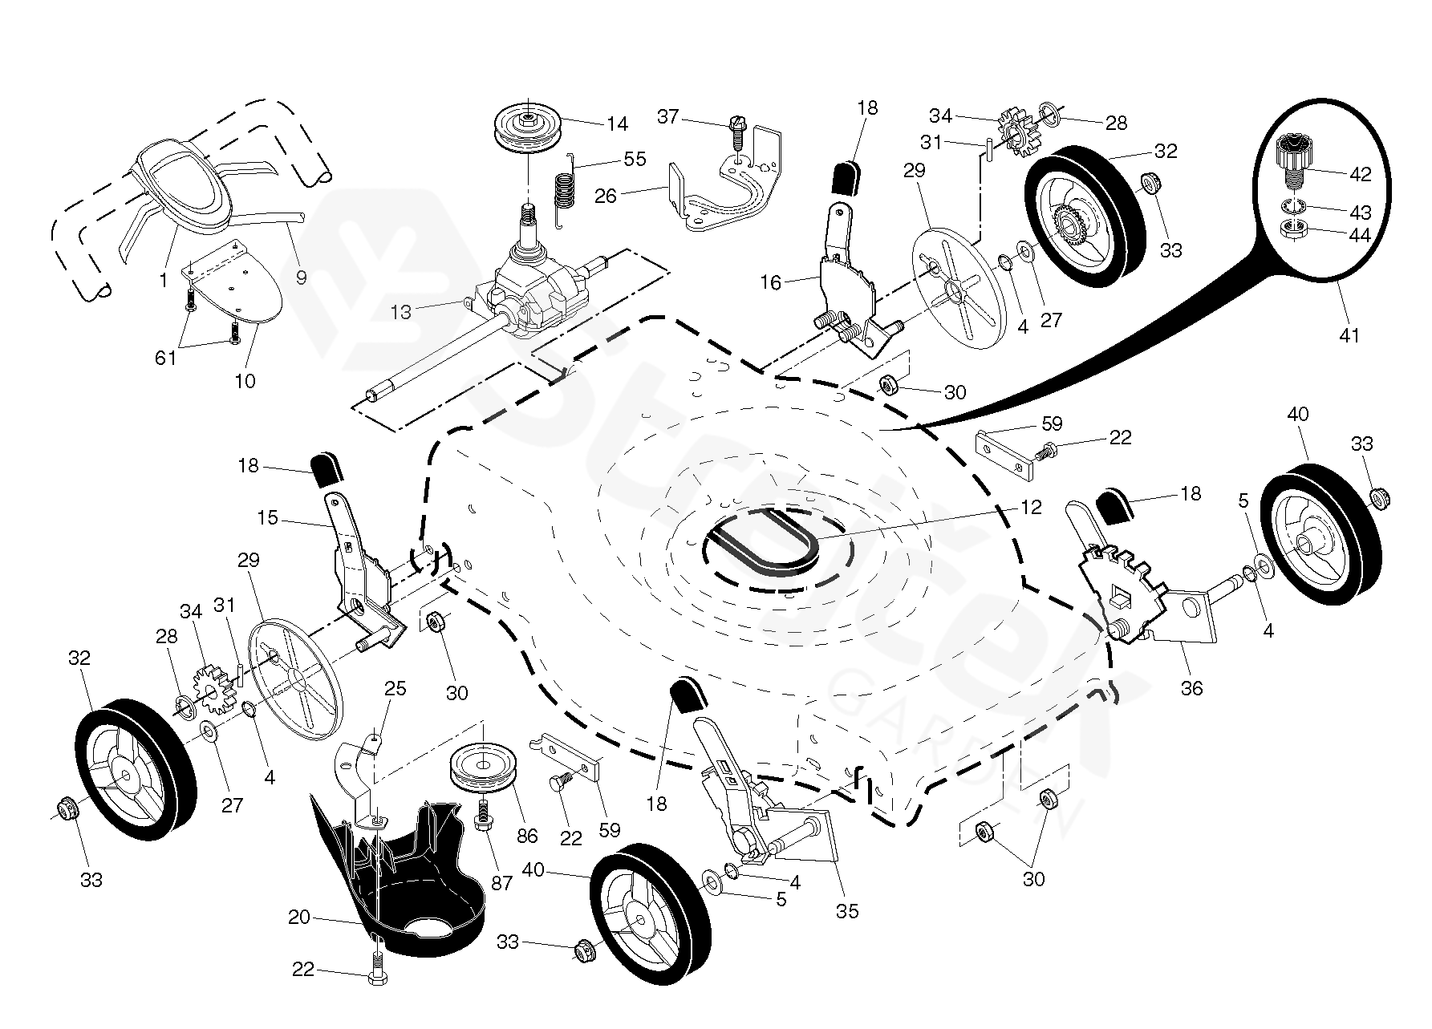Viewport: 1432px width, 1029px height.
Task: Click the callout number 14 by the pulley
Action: click(617, 124)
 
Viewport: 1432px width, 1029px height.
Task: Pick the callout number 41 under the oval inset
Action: click(1350, 334)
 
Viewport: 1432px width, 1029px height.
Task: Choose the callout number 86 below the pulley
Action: click(526, 836)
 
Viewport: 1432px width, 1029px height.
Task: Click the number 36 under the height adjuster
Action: click(1192, 687)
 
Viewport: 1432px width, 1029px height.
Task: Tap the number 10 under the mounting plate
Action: click(245, 381)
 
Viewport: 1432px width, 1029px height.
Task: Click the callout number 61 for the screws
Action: click(165, 358)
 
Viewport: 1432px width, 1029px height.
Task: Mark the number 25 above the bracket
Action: click(396, 689)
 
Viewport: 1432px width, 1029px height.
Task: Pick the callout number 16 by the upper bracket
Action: click(770, 283)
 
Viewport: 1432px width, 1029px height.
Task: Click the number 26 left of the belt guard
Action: click(606, 195)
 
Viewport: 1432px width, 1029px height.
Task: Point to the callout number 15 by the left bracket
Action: click(267, 518)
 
